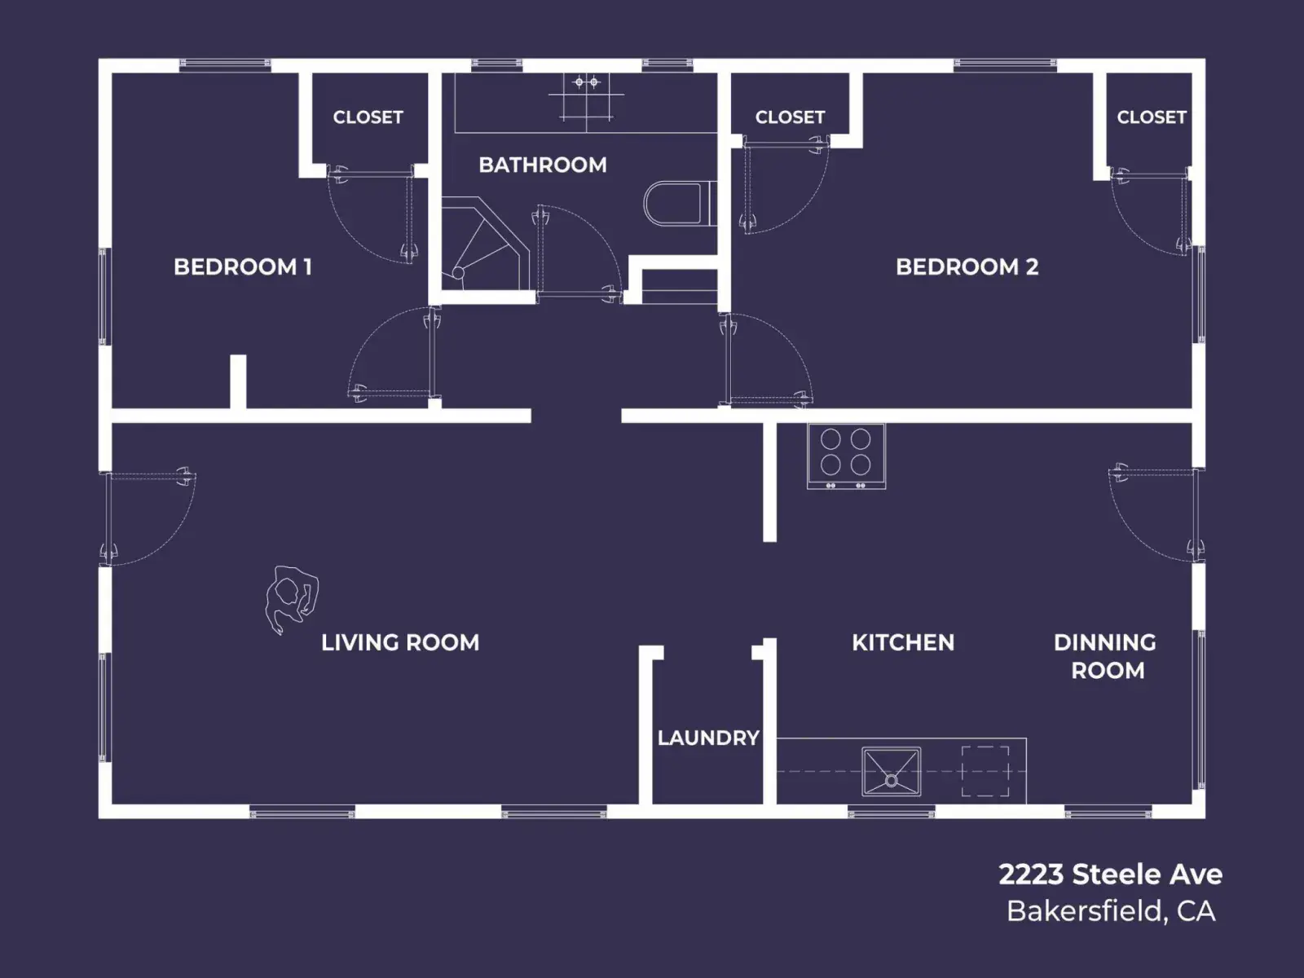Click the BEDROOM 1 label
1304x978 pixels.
click(x=242, y=267)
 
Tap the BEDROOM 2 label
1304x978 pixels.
click(x=967, y=267)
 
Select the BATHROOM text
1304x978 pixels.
click(x=543, y=165)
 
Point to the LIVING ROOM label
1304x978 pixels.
click(x=400, y=642)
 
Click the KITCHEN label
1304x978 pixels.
click(x=903, y=642)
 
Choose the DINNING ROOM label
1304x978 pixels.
click(x=1106, y=656)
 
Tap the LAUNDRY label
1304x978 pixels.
click(x=708, y=738)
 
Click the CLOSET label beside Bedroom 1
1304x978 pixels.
click(x=368, y=117)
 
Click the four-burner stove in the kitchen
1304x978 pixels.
click(x=846, y=456)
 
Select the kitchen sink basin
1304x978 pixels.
click(x=891, y=772)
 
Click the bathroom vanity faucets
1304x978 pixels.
click(x=586, y=82)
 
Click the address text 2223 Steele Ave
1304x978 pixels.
click(x=1110, y=874)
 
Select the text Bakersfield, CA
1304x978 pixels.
click(x=1111, y=911)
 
